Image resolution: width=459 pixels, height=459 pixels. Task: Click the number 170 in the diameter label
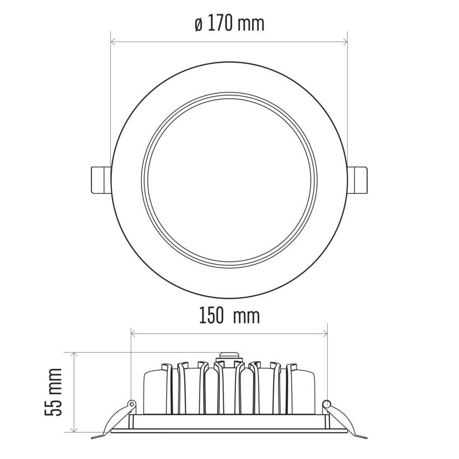coord(220,24)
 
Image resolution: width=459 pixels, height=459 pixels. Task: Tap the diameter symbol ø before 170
coord(199,25)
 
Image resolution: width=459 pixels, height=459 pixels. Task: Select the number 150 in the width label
coord(211,316)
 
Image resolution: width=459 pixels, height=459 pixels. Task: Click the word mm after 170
coord(251,25)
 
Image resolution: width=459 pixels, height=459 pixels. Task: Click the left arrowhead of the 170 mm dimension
coord(113,42)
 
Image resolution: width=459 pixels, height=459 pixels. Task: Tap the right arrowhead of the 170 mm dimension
coord(345,42)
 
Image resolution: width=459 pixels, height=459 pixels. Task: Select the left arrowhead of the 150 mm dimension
coord(133,333)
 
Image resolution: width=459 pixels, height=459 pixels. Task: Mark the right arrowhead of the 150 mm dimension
coord(325,333)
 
